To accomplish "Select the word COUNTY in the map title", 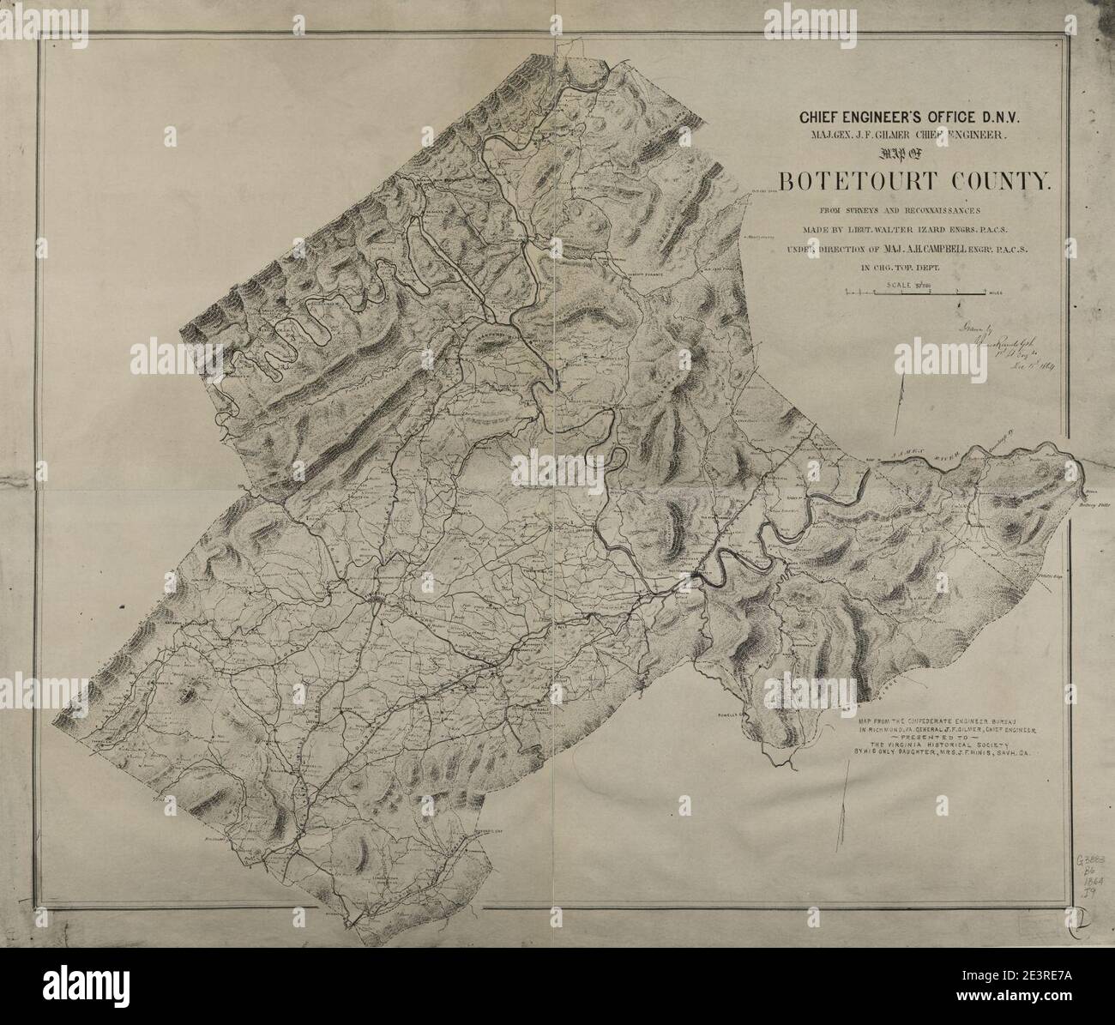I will coord(998,181).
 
